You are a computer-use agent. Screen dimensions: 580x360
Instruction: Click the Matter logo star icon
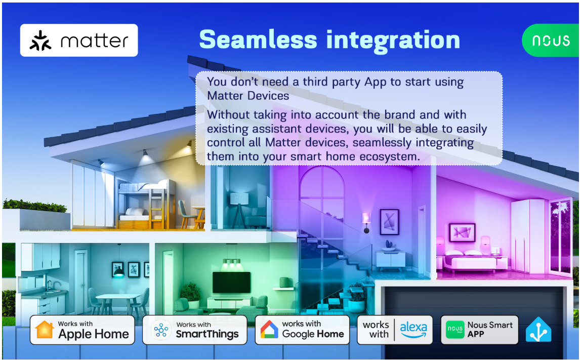point(40,41)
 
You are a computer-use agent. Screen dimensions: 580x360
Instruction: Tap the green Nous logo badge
point(551,41)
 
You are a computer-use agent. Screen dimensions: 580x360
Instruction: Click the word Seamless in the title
point(258,39)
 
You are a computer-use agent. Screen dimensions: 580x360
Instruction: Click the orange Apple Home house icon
point(45,329)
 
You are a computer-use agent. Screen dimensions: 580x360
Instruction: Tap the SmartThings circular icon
point(161,330)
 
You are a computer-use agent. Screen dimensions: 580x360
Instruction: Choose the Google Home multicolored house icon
point(269,329)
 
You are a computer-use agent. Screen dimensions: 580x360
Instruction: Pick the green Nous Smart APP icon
point(455,329)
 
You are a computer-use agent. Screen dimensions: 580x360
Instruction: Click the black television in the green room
point(231,283)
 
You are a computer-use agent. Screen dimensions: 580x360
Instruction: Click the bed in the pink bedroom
point(472,261)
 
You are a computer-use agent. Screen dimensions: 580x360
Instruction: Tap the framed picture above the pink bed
point(462,232)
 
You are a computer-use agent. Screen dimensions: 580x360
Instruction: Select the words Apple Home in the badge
point(94,334)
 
